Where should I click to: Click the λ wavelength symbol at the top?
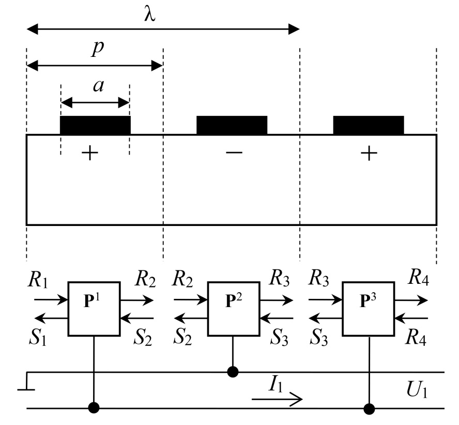pos(149,14)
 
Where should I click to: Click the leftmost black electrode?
pos(95,125)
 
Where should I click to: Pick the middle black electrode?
pos(232,125)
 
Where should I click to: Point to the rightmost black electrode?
pos(368,125)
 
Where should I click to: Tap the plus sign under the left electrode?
pos(90,154)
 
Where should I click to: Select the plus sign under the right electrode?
pos(368,154)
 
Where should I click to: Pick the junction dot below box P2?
pos(233,371)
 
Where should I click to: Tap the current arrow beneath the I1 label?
pos(276,400)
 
